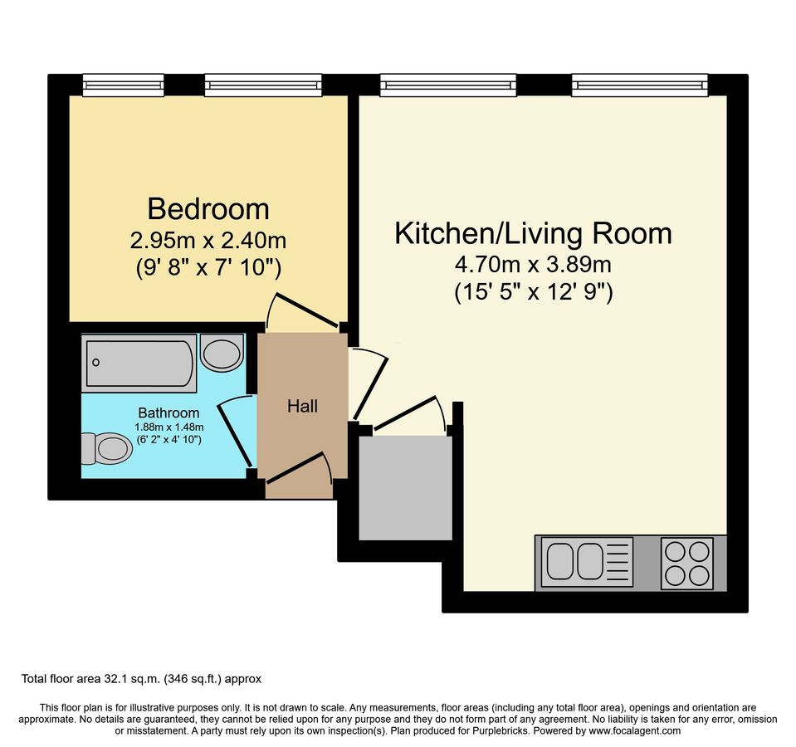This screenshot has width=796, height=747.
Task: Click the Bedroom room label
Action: click(208, 207)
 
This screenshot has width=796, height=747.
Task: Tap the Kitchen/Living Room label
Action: click(532, 233)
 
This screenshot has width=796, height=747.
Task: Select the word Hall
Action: click(302, 407)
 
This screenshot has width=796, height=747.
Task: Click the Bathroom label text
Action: click(168, 413)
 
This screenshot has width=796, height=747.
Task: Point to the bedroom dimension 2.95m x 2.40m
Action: click(208, 242)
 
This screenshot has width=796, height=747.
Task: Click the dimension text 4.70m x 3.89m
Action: click(532, 266)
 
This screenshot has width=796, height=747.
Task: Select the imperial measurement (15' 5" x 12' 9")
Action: click(532, 292)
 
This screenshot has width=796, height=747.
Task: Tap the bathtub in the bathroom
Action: click(139, 363)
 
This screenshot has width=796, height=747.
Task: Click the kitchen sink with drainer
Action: click(585, 559)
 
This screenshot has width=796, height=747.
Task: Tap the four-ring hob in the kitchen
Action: click(686, 564)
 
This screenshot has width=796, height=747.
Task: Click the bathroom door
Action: click(236, 432)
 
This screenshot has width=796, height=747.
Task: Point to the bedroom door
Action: click(305, 311)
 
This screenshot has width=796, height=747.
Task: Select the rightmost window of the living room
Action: click(639, 85)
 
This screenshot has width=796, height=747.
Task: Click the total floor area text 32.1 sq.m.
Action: click(141, 679)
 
